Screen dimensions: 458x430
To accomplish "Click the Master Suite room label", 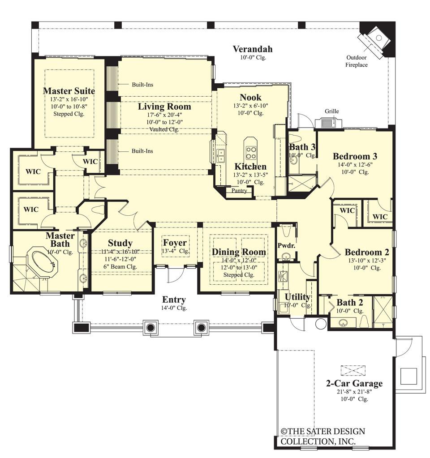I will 69,91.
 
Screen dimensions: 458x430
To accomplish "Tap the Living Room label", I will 164,107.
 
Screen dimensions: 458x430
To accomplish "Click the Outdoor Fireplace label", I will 356,61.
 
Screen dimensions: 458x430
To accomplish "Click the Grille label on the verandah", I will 332,111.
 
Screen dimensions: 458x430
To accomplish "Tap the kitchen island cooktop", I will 250,150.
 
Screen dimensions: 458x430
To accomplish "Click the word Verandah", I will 253,49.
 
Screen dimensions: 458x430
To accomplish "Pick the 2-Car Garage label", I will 354,384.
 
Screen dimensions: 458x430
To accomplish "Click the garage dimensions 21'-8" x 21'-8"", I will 354,392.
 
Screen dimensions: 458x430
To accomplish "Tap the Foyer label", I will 174,243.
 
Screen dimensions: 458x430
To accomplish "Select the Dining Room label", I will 239,252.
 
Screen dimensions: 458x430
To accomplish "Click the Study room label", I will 120,244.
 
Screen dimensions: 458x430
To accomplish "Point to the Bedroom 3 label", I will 355,156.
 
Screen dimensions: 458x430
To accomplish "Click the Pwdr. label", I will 285,246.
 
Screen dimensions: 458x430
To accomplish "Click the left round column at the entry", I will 150,328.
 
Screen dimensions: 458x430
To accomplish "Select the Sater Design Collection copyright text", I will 322,437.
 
